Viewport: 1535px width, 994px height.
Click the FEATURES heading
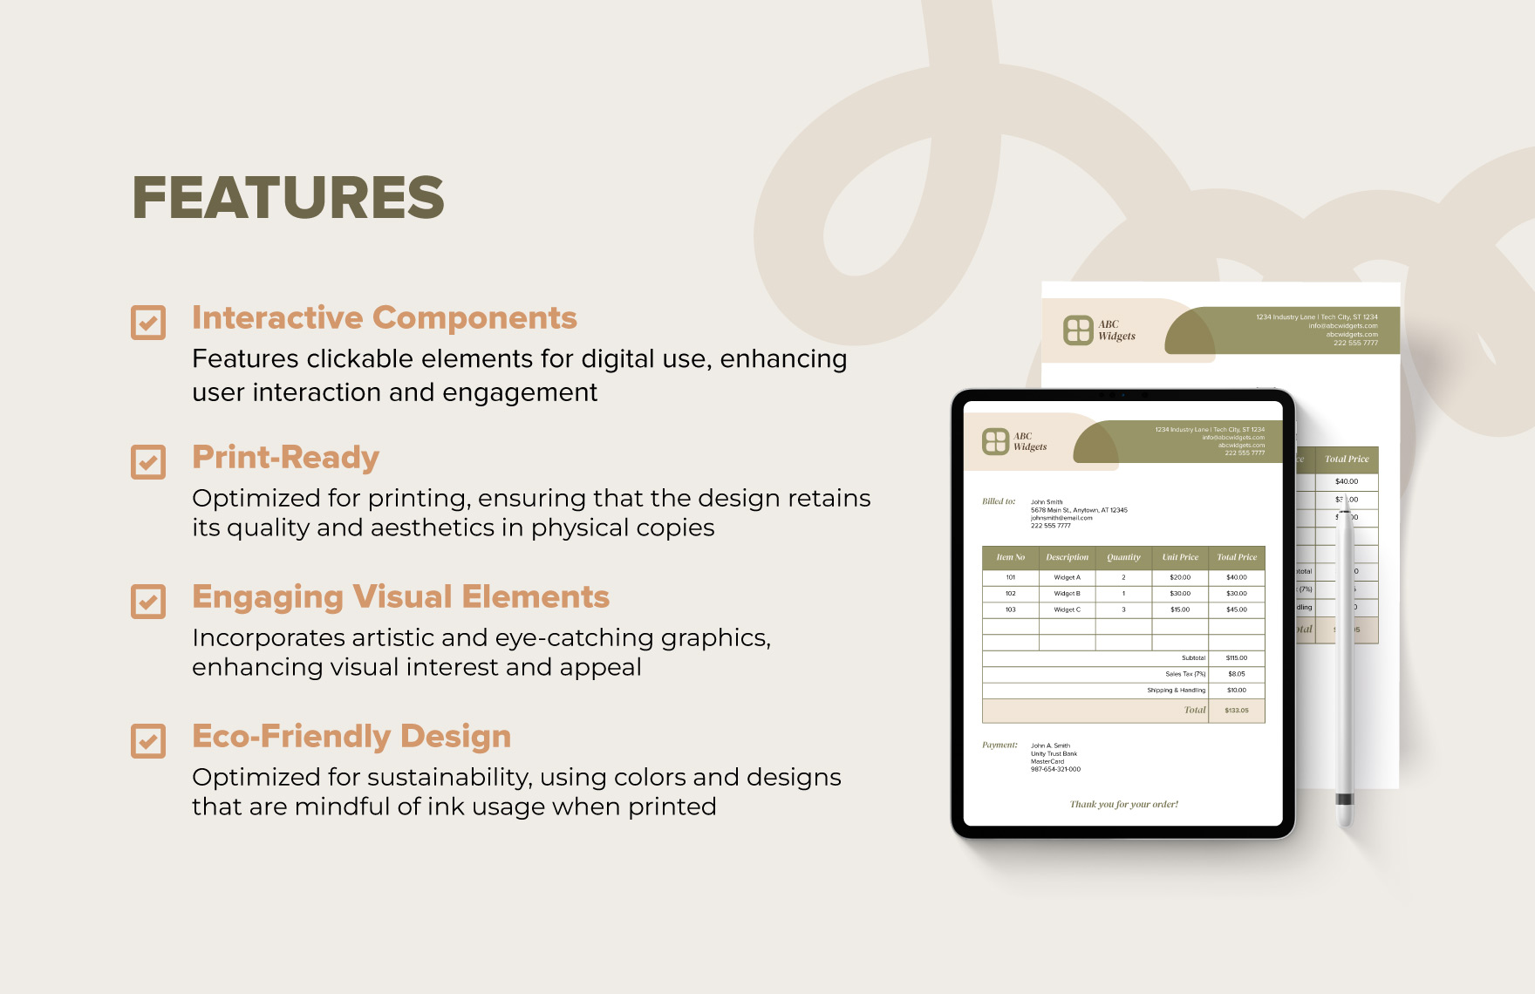point(288,197)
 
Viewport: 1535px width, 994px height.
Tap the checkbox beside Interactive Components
point(148,322)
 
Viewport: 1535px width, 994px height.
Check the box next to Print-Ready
point(148,461)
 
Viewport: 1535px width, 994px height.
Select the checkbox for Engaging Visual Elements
point(148,601)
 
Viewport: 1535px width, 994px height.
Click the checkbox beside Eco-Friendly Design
point(148,740)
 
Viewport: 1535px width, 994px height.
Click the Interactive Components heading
point(384,318)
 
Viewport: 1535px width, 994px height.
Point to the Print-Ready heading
point(285,458)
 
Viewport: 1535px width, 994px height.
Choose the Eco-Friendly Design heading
point(351,737)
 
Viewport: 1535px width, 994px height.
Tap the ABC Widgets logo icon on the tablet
point(995,441)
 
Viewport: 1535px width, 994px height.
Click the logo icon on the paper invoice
point(1078,330)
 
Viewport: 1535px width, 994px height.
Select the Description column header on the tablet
point(1067,557)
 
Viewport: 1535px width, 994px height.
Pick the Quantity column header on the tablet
point(1123,557)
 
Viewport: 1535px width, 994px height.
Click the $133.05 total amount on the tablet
point(1236,711)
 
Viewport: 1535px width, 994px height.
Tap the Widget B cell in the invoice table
point(1067,594)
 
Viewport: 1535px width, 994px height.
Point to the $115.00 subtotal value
point(1236,658)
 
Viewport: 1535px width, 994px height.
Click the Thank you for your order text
point(1123,804)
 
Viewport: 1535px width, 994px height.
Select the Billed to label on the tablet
point(999,501)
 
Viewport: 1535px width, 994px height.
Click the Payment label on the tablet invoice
point(999,745)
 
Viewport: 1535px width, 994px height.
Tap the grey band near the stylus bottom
point(1345,799)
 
